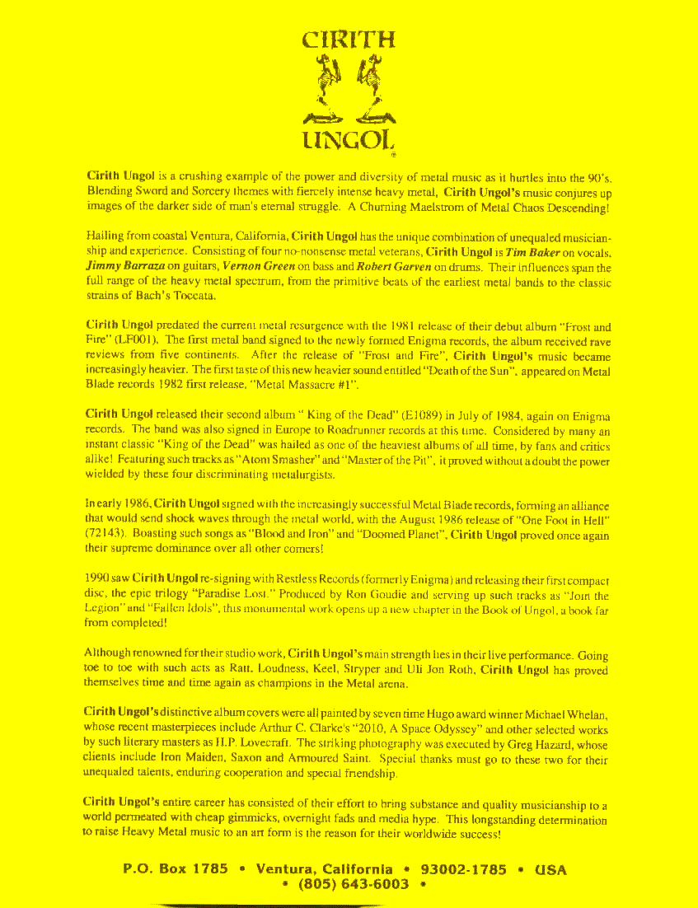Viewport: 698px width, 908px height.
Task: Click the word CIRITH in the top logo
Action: (x=349, y=39)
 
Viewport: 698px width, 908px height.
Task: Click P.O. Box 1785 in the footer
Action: (x=176, y=869)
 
